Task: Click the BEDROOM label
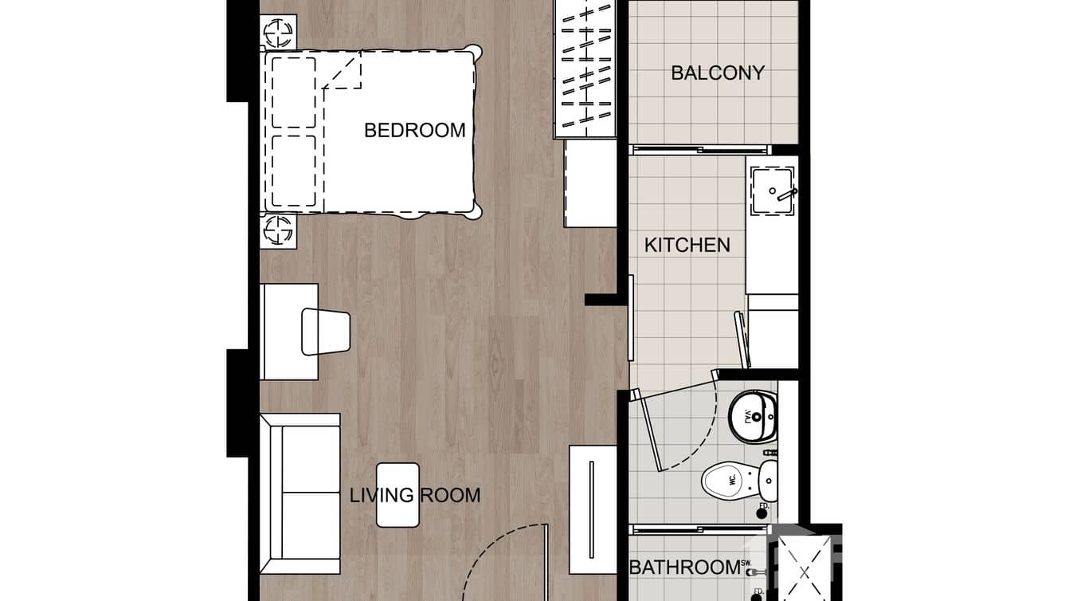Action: click(414, 130)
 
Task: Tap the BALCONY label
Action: click(717, 73)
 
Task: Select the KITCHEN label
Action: click(687, 245)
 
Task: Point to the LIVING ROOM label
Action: click(415, 495)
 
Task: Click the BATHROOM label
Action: click(684, 568)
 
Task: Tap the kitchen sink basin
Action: click(772, 191)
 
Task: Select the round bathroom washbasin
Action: click(753, 416)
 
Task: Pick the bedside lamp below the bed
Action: click(279, 231)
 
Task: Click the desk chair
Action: click(326, 332)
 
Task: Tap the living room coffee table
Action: click(397, 495)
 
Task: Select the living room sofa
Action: click(300, 493)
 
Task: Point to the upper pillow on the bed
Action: click(293, 92)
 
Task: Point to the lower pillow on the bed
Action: click(293, 171)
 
